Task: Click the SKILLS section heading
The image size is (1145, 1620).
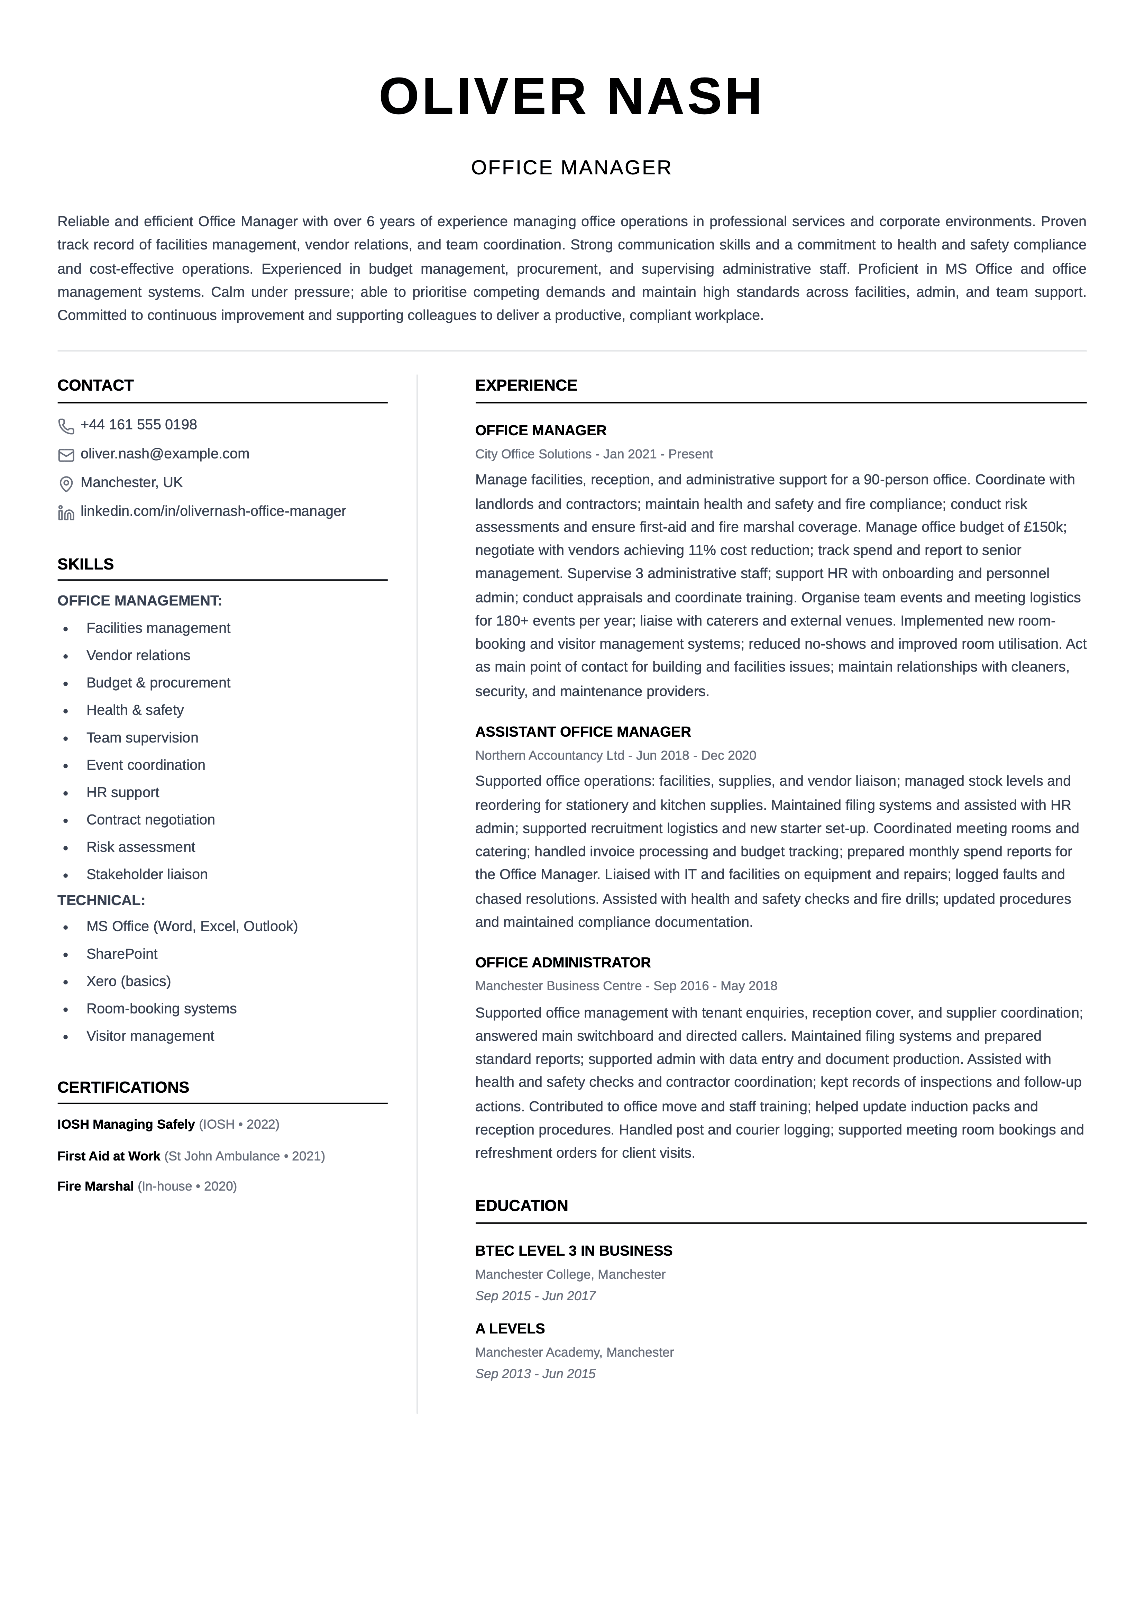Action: (x=85, y=564)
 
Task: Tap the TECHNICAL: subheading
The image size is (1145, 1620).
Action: (x=101, y=900)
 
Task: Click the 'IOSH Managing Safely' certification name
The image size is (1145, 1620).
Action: (x=126, y=1124)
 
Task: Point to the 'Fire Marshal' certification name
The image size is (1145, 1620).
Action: (x=95, y=1186)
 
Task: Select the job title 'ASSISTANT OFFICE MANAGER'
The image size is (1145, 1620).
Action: (x=583, y=732)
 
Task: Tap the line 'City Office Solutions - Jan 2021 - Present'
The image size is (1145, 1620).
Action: (x=593, y=454)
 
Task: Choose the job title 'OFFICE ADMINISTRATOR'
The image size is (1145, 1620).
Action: (x=562, y=962)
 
